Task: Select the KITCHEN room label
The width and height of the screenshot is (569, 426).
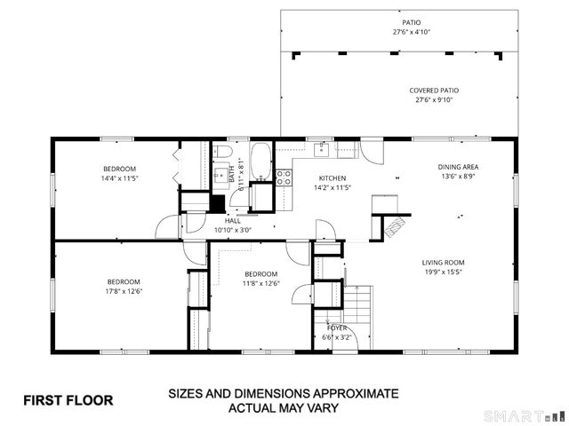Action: (333, 177)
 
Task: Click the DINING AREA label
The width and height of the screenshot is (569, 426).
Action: (458, 167)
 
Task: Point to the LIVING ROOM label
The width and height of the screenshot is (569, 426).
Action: (443, 263)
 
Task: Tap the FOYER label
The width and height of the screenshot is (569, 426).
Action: (336, 327)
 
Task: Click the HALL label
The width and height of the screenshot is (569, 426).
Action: (232, 221)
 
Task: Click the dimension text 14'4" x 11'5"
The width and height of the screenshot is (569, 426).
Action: (118, 178)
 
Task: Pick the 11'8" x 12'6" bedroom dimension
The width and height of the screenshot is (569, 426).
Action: (261, 283)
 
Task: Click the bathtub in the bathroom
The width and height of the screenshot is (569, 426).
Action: (260, 162)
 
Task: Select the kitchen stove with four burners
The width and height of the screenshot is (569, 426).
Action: (284, 177)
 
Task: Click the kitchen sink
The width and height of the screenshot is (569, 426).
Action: (321, 149)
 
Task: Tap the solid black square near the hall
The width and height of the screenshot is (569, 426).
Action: (216, 202)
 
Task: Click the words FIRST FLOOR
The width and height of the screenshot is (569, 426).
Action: (68, 400)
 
